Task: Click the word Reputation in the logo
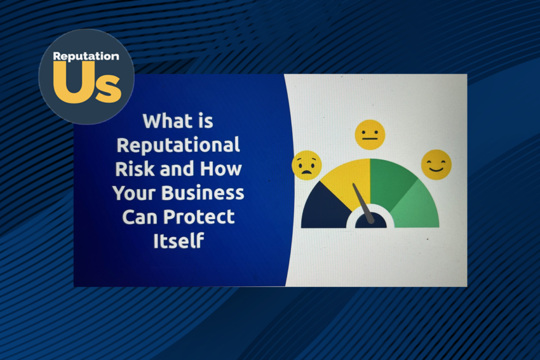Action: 86,57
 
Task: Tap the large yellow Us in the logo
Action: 87,83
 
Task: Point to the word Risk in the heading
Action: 135,169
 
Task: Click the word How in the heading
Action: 221,169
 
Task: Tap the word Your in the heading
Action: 134,193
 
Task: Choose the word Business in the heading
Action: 203,193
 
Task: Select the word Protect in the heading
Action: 199,217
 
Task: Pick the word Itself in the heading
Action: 178,241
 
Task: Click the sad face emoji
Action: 307,165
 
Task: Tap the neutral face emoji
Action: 370,135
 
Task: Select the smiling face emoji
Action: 436,165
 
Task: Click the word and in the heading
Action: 177,169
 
